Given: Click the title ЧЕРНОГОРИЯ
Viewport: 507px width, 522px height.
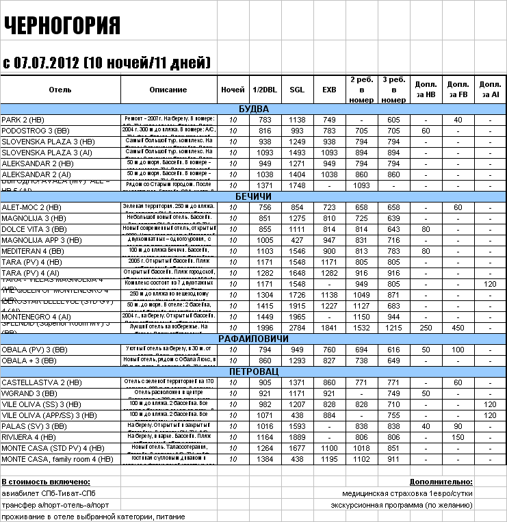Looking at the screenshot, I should [x=62, y=25].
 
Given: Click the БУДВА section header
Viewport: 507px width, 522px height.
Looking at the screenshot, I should [x=253, y=109].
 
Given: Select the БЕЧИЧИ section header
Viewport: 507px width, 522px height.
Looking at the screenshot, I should [x=253, y=196].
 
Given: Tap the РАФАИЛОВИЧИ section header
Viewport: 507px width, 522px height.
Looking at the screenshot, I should [x=253, y=339].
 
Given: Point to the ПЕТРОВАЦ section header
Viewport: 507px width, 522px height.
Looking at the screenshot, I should [x=253, y=371].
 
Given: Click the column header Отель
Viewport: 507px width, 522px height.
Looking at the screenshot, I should [x=60, y=90].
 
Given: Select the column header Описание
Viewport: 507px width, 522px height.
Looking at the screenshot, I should [x=168, y=90].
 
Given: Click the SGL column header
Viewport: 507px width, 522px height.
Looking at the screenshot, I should [x=297, y=90].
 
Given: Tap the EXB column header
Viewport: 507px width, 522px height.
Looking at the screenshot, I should [x=329, y=90].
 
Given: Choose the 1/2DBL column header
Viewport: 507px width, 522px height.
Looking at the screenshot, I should [x=265, y=90].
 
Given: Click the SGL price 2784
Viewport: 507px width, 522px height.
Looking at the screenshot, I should [x=297, y=328].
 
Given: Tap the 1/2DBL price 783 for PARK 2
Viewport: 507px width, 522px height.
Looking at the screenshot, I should [x=265, y=120].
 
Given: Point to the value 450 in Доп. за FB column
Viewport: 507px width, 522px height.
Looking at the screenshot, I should [x=458, y=328].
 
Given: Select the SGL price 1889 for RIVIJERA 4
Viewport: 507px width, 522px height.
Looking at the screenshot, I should [x=297, y=437].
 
